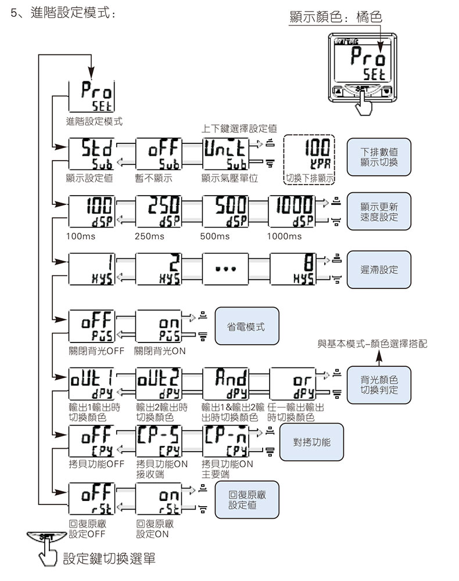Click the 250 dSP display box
click(x=157, y=212)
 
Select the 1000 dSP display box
click(x=292, y=212)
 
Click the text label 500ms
click(x=215, y=236)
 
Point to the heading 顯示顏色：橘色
click(x=336, y=17)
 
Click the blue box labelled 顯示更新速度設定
click(x=378, y=212)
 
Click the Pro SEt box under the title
click(x=90, y=97)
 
